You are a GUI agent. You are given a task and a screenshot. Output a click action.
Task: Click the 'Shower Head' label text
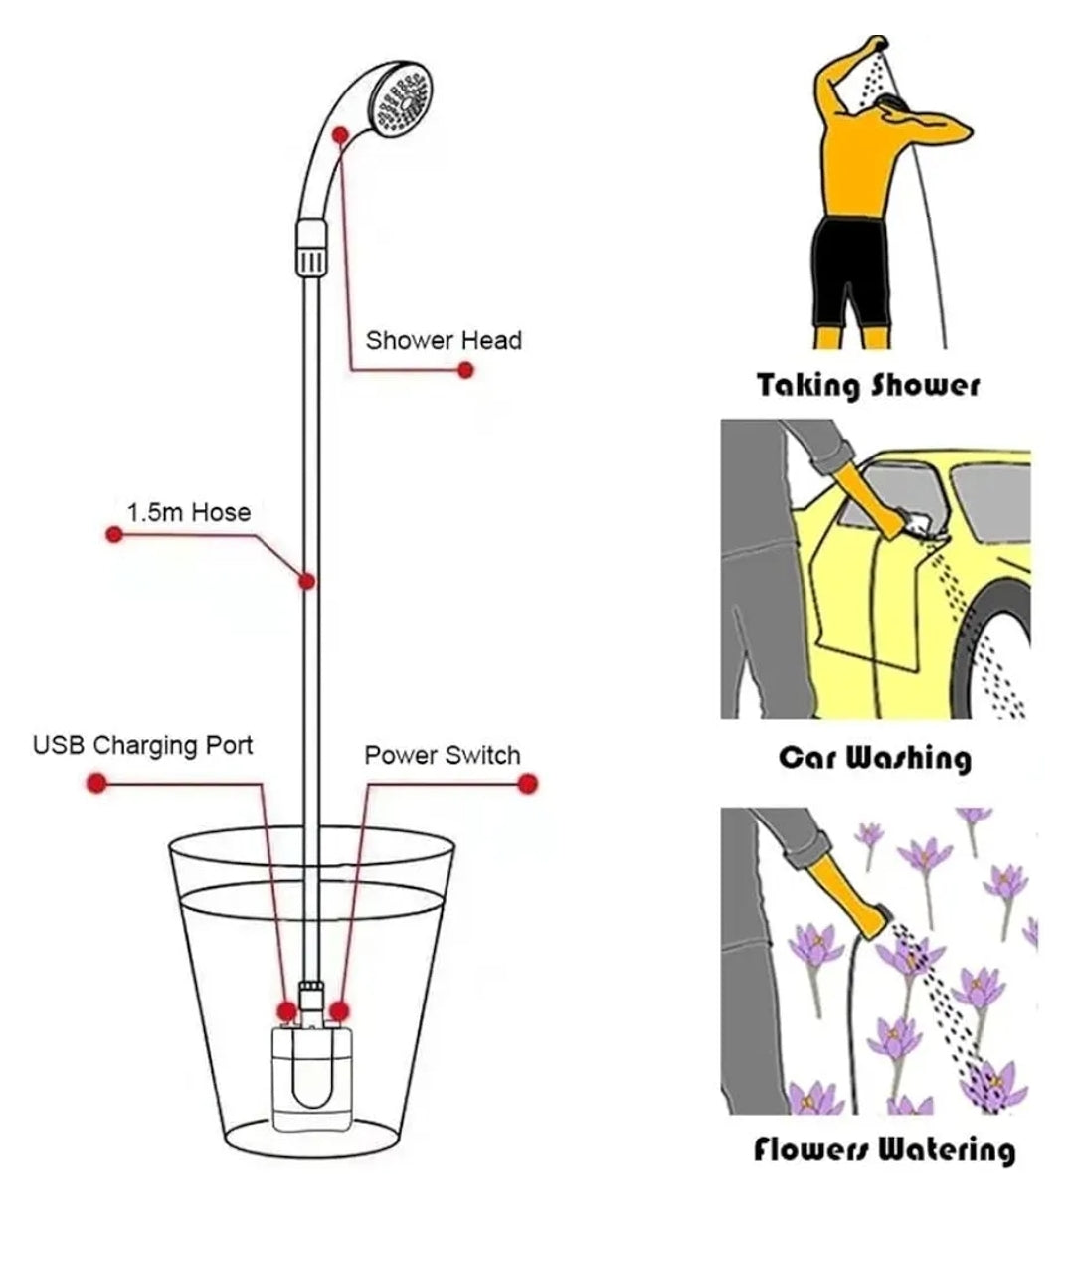pyautogui.click(x=443, y=340)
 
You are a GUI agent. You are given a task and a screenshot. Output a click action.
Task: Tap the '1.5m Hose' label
pyautogui.click(x=189, y=512)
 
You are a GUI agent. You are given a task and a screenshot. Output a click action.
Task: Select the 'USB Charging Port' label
pyautogui.click(x=143, y=745)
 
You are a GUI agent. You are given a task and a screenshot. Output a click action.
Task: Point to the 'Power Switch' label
pyautogui.click(x=442, y=755)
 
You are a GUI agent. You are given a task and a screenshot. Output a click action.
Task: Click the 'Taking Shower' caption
pyautogui.click(x=868, y=385)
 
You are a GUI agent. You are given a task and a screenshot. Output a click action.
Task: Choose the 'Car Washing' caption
pyautogui.click(x=874, y=758)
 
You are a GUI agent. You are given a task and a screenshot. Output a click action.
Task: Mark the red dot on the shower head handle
pyautogui.click(x=340, y=133)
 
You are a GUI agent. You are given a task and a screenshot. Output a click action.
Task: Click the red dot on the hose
pyautogui.click(x=308, y=580)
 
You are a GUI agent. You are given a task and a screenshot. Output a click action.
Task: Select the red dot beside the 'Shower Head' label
pyautogui.click(x=465, y=370)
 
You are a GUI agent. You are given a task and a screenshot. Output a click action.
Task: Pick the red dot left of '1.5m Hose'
pyautogui.click(x=114, y=535)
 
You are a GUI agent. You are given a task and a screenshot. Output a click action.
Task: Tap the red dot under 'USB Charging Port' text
pyautogui.click(x=96, y=783)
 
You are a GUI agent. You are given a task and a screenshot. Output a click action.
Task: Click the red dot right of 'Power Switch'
pyautogui.click(x=528, y=783)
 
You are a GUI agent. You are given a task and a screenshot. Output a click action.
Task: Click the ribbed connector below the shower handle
pyautogui.click(x=310, y=249)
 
